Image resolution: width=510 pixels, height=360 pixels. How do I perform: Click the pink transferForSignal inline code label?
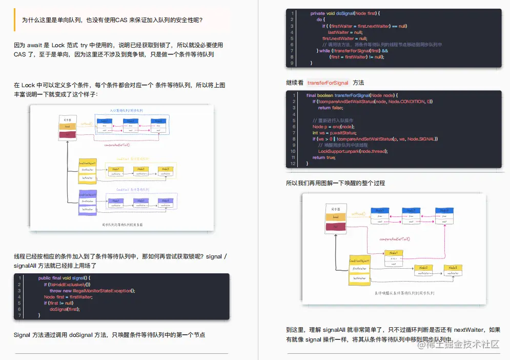pyautogui.click(x=328, y=83)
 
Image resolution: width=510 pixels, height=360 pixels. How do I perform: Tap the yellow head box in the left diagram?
pyautogui.click(x=67, y=127)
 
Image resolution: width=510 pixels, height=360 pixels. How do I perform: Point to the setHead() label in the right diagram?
pyautogui.click(x=358, y=213)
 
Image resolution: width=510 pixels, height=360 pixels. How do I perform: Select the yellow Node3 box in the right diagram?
pyautogui.click(x=453, y=268)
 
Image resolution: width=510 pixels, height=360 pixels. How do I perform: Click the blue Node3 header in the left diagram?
pyautogui.click(x=158, y=121)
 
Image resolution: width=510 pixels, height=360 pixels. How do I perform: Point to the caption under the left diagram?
pyautogui.click(x=122, y=225)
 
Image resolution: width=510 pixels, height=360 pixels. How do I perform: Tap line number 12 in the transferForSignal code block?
pyautogui.click(x=293, y=164)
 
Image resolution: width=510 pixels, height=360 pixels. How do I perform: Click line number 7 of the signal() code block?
pyautogui.click(x=19, y=315)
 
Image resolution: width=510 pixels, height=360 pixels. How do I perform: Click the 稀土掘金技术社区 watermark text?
pyautogui.click(x=464, y=345)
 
